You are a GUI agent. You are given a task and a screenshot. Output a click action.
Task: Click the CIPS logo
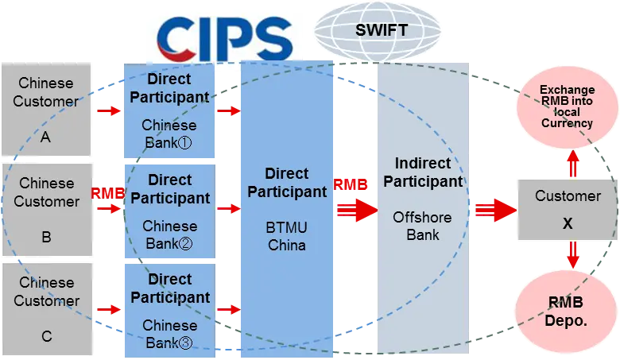(x=225, y=38)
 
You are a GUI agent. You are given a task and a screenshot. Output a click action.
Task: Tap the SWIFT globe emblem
(x=378, y=32)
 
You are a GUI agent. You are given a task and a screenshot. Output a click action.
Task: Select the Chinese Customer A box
(x=46, y=109)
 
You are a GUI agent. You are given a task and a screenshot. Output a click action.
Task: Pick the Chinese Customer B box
(x=48, y=210)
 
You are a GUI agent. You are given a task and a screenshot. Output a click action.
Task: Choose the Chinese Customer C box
(x=48, y=309)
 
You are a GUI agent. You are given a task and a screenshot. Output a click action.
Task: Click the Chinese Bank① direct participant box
(x=169, y=110)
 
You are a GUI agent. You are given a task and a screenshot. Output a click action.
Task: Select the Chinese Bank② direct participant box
(x=170, y=211)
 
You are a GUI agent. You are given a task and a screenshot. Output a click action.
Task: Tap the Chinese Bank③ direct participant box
(x=170, y=311)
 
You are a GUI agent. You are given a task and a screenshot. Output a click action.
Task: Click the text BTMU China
(x=287, y=236)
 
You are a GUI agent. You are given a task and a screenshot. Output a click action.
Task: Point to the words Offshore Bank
(x=422, y=226)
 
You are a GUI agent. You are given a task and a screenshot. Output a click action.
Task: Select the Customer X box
(x=568, y=210)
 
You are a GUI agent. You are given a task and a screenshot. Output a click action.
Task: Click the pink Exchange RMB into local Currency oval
(x=567, y=106)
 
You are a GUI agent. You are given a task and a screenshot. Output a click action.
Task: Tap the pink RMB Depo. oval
(x=566, y=312)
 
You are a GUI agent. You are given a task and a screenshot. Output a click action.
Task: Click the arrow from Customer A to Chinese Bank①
(x=109, y=110)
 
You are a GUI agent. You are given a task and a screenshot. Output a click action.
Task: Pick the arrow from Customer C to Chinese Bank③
(x=109, y=309)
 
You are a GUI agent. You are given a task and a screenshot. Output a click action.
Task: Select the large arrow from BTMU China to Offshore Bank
(x=358, y=210)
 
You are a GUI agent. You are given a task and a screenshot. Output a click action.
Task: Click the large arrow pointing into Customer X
(x=496, y=210)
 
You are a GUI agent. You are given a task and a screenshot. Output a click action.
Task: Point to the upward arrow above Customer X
(x=573, y=164)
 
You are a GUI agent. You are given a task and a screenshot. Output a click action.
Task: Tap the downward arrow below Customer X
(x=573, y=255)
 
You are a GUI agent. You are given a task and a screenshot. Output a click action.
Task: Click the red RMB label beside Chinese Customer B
(x=108, y=194)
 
